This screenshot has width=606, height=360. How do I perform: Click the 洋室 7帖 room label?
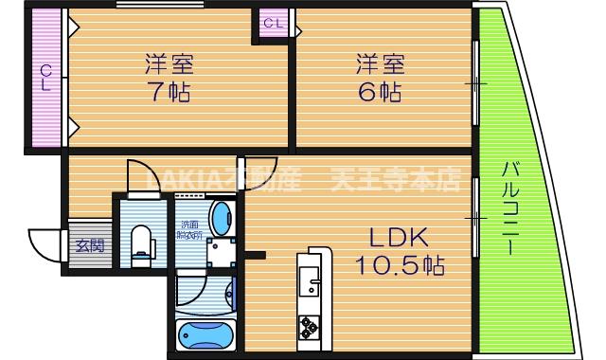tap(169, 79)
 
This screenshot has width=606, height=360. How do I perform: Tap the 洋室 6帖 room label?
tap(381, 79)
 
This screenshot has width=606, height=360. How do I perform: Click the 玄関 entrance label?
tap(90, 245)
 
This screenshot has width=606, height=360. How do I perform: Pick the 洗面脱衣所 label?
tap(190, 229)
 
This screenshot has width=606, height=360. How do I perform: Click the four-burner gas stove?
tap(309, 328)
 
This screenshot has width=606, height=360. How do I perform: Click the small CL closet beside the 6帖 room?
tap(272, 24)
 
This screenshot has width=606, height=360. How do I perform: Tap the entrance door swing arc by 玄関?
tap(45, 245)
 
